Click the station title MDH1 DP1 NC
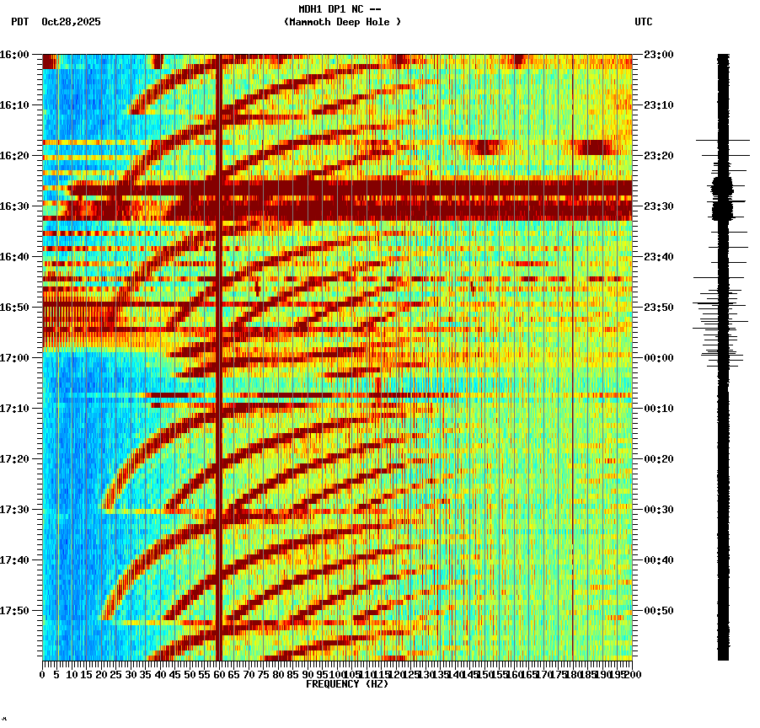pos(340,9)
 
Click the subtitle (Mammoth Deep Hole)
pos(342,22)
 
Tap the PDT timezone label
pos(19,22)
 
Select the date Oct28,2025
pos(71,22)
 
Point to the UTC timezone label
pos(643,22)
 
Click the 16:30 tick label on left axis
pos(14,206)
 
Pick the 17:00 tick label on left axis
pos(14,357)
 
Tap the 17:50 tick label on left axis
pos(14,610)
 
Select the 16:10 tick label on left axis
pos(14,104)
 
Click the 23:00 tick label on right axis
pos(658,54)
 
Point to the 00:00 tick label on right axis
pos(658,357)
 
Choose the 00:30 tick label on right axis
pos(658,509)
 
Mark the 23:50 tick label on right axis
pos(658,307)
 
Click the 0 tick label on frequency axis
pos(43,674)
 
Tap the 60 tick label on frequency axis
pos(219,674)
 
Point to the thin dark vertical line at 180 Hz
pos(573,421)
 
